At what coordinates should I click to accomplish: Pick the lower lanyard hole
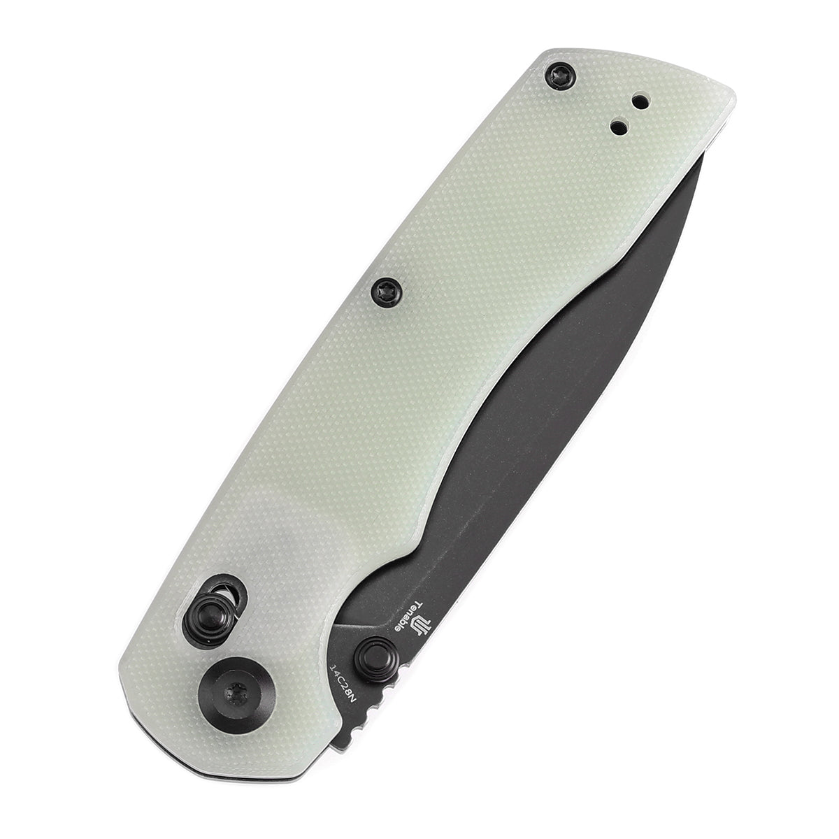click(618, 127)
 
